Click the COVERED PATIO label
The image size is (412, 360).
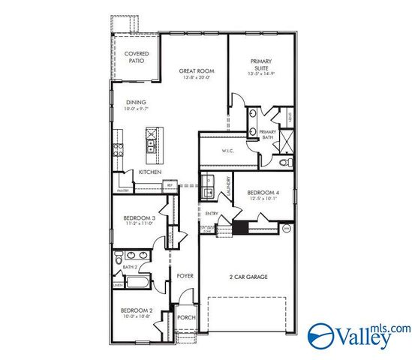[137, 58]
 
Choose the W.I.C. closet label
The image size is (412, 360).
[228, 152]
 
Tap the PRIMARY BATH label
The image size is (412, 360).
[268, 134]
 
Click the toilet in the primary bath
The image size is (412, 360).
[284, 161]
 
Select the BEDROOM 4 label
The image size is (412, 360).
[263, 193]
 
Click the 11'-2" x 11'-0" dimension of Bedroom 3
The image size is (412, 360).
[138, 223]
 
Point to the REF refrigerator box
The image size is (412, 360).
[170, 184]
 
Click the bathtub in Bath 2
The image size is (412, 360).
[139, 283]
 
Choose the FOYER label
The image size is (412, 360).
[185, 276]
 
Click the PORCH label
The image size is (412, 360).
[185, 317]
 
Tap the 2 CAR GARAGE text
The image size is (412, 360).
[248, 277]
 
